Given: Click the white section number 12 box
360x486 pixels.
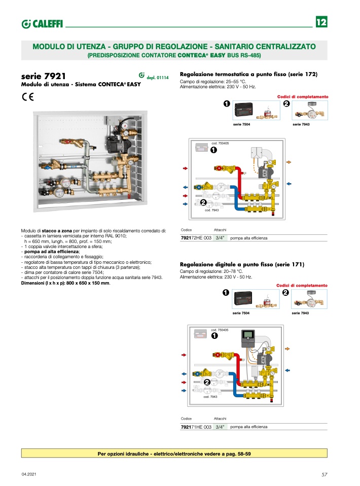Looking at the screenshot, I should [x=321, y=22].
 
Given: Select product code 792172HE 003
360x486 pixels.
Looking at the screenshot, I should [x=196, y=237].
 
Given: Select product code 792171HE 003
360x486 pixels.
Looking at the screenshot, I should [x=196, y=427].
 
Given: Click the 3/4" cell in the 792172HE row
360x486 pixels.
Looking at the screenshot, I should [x=220, y=237].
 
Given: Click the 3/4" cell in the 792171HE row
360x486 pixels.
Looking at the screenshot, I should [x=220, y=427].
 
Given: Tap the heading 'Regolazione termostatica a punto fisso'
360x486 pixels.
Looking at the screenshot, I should [x=248, y=74].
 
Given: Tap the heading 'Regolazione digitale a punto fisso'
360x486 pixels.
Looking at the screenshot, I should [x=242, y=264].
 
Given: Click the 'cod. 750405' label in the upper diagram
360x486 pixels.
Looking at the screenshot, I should [x=220, y=143].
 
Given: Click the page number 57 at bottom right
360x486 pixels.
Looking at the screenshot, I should [x=325, y=474].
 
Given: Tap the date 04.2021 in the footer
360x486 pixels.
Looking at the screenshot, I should [x=28, y=474].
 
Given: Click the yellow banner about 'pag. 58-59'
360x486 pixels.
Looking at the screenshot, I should [x=174, y=453].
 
